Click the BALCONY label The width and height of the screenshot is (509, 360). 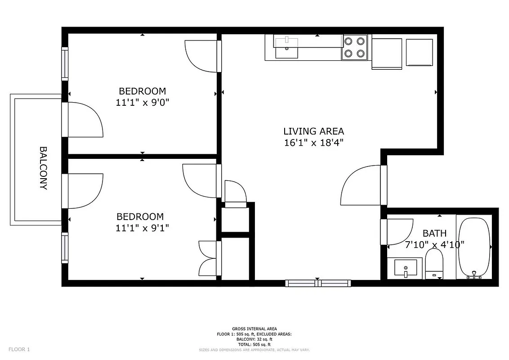click(44, 168)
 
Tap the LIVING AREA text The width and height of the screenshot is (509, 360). click(313, 131)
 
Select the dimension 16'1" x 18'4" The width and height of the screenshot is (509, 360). click(313, 143)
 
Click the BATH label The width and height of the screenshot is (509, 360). click(434, 233)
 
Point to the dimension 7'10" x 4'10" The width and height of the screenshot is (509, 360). click(434, 245)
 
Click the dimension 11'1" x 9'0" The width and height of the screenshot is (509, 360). click(142, 102)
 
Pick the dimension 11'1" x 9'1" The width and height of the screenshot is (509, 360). click(142, 228)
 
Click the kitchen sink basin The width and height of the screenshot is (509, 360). click(286, 48)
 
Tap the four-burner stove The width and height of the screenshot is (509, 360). click(354, 47)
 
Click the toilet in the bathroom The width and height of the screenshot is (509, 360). click(434, 264)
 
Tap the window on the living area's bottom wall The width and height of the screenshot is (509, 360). click(317, 283)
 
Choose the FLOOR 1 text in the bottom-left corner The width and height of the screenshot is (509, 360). click(19, 349)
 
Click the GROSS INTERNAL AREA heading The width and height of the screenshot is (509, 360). click(254, 328)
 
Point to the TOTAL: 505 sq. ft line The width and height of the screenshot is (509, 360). click(254, 344)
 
